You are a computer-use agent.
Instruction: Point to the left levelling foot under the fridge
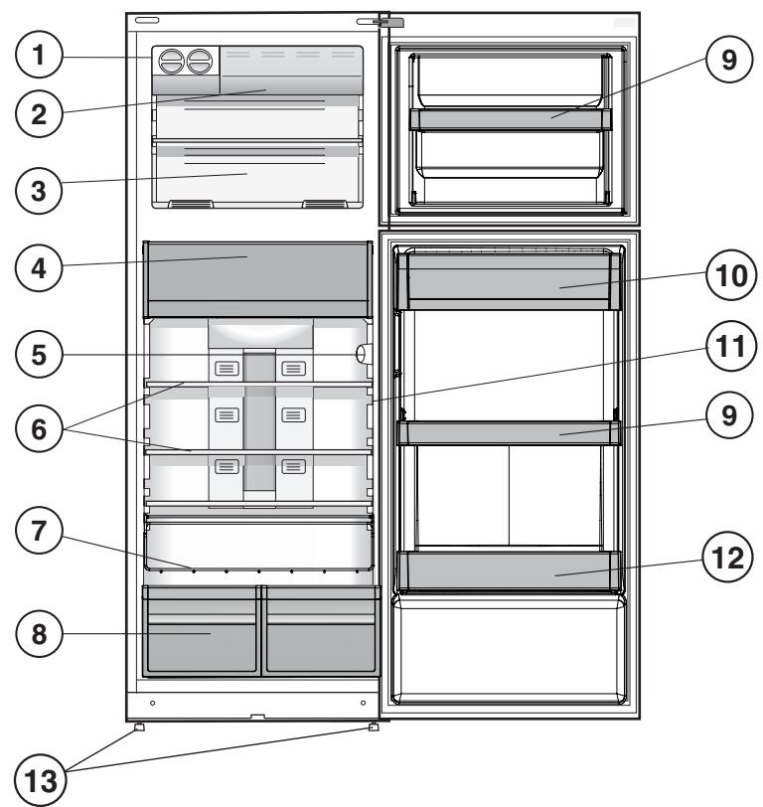coord(139,728)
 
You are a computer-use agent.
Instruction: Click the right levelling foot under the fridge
coord(373,728)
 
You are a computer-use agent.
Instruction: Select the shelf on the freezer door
coord(511,119)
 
